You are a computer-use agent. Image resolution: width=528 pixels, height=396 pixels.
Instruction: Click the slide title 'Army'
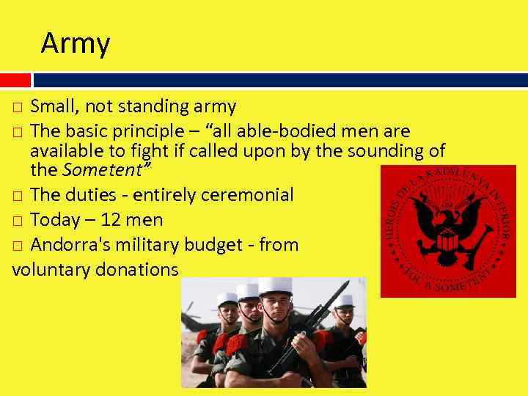(x=76, y=44)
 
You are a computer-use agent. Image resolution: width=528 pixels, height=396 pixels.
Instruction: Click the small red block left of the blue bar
(x=15, y=80)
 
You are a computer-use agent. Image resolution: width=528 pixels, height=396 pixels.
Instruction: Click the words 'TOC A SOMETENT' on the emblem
(x=447, y=279)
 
